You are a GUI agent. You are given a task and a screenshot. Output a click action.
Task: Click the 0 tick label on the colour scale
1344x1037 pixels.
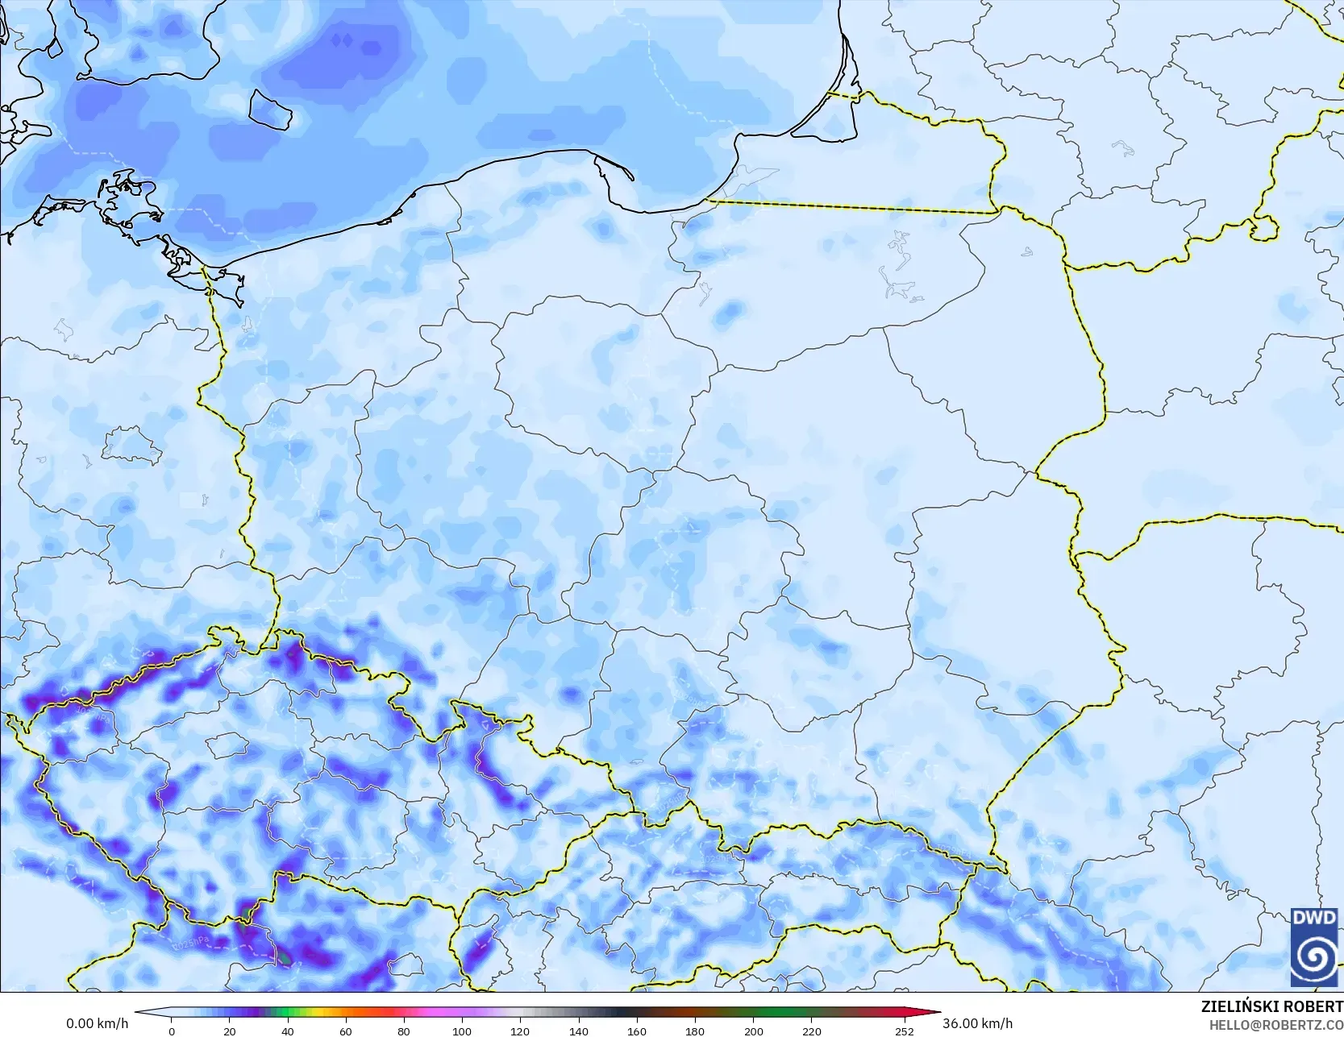point(172,1031)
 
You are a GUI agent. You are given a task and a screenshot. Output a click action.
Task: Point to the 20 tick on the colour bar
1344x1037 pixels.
point(230,1031)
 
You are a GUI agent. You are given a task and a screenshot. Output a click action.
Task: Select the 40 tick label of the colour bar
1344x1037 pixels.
point(288,1031)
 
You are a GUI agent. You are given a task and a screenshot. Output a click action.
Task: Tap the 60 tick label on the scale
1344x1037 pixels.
point(346,1031)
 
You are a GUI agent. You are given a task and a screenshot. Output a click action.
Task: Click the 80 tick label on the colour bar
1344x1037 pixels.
point(404,1031)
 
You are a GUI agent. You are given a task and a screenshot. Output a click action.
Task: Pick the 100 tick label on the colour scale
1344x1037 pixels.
point(462,1031)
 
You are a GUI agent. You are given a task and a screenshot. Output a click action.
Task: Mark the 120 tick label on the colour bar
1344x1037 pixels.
point(520,1031)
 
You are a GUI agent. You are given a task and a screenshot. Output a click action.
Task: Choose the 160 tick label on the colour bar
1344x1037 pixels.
point(637,1031)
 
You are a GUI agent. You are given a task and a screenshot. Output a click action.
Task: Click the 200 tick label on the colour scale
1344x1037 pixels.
point(753,1031)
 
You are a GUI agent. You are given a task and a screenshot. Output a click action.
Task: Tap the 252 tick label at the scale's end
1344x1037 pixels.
point(905,1031)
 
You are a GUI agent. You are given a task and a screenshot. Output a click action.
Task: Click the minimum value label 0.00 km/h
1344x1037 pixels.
point(97,1023)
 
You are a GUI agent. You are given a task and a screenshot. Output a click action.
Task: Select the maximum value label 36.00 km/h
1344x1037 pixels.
point(977,1023)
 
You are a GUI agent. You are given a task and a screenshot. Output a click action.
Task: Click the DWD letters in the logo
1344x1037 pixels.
point(1314,918)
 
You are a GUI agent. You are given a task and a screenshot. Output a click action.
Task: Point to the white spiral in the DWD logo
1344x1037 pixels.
point(1314,956)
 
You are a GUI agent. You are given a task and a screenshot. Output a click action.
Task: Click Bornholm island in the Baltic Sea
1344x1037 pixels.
point(269,109)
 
